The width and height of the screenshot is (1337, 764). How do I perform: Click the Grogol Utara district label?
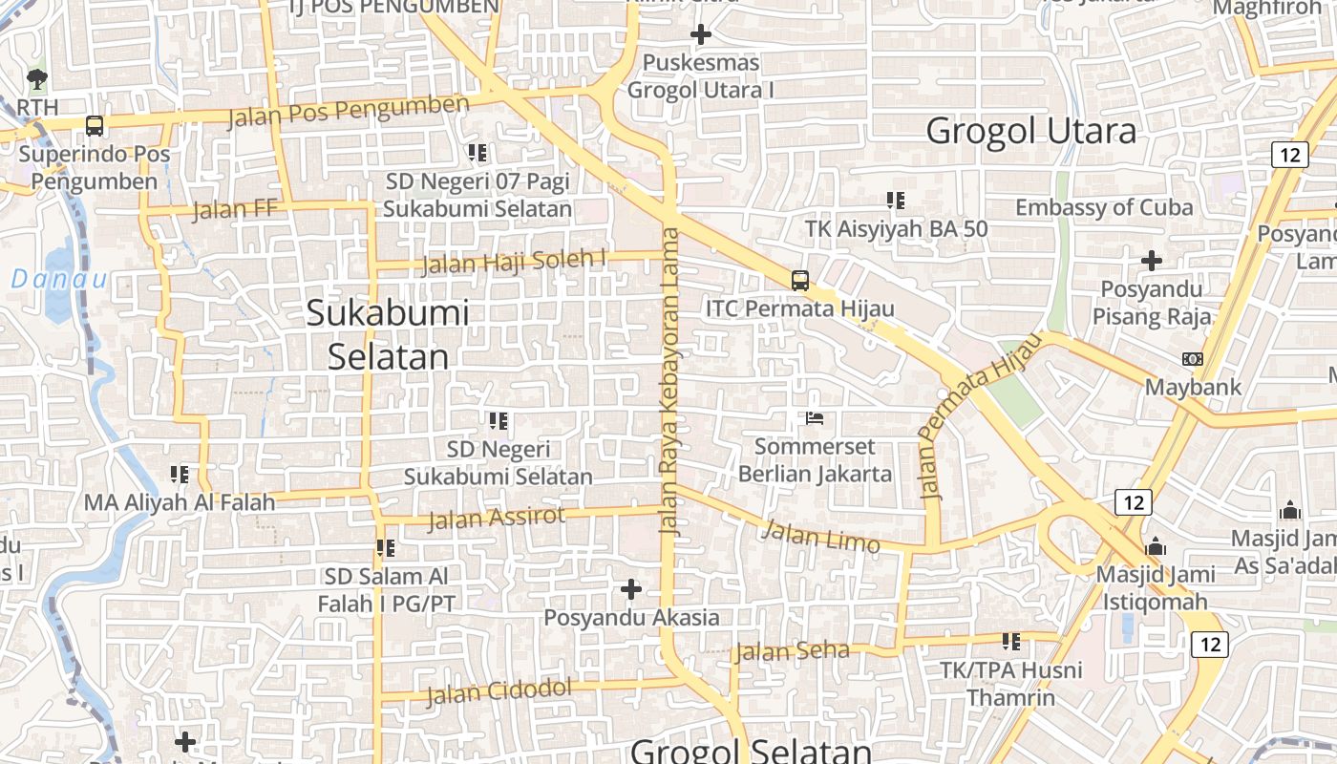[x=1031, y=131]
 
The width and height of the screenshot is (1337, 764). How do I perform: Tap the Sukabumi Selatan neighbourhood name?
[x=388, y=334]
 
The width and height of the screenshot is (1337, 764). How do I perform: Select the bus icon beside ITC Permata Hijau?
[x=800, y=281]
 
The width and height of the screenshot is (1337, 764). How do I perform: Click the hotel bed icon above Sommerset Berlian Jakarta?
[x=815, y=418]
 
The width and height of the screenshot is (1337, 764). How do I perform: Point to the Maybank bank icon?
[x=1193, y=359]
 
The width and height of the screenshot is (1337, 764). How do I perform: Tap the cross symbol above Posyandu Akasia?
[x=631, y=589]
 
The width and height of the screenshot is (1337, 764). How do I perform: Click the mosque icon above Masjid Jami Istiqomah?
[x=1156, y=547]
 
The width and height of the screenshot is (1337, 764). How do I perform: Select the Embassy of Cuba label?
[x=1104, y=207]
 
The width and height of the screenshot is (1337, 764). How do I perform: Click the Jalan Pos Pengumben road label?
[x=349, y=111]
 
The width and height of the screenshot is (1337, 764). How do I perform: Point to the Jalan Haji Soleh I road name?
[x=515, y=261]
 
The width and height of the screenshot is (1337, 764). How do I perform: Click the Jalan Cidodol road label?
[x=499, y=690]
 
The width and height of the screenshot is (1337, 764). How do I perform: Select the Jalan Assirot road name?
[x=496, y=518]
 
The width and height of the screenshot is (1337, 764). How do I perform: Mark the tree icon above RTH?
[x=37, y=78]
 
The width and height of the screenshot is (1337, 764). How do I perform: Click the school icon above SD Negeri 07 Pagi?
[x=477, y=153]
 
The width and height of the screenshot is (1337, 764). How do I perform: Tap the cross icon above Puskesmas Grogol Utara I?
[x=701, y=35]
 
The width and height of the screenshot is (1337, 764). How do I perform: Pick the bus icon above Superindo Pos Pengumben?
[x=94, y=125]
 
